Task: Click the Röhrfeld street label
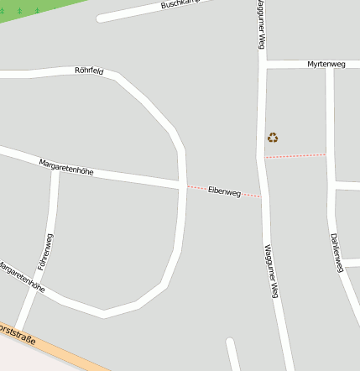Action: point(89,71)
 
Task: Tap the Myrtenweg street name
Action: point(326,64)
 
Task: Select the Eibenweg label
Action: point(224,192)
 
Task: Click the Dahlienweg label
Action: point(337,252)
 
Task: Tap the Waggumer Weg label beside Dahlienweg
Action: point(270,271)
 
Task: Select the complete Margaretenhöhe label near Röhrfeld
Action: point(66,165)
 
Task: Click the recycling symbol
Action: point(273,138)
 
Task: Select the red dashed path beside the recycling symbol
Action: point(295,155)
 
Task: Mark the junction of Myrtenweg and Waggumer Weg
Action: point(262,65)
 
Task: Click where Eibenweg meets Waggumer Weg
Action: point(263,196)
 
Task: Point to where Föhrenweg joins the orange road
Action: point(18,329)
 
